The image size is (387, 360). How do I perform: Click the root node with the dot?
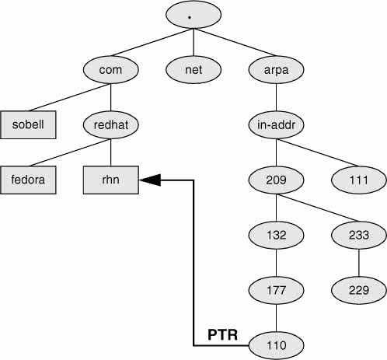[193, 15]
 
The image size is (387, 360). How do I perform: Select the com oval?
[111, 70]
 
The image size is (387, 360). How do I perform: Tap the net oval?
[193, 70]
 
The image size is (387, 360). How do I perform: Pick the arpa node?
[276, 70]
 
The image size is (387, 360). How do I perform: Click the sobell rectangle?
[28, 124]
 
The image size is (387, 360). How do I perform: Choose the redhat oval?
[111, 124]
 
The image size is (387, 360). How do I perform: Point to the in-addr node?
[276, 124]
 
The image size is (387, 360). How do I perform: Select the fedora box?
[28, 180]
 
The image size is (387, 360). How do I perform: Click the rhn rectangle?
[111, 180]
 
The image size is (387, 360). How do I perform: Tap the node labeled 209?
[276, 180]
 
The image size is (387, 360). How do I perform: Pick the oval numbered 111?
[359, 180]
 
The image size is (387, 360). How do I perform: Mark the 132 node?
[276, 235]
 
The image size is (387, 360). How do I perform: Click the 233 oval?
[359, 235]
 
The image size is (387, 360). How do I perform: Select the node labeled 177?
[276, 290]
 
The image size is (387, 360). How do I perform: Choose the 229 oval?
[359, 290]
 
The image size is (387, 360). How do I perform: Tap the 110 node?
[276, 345]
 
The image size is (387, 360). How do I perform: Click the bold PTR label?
[222, 334]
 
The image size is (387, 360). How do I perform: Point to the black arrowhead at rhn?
[150, 180]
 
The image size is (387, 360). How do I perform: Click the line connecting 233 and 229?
[359, 263]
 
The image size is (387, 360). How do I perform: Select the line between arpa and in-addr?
[276, 97]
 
